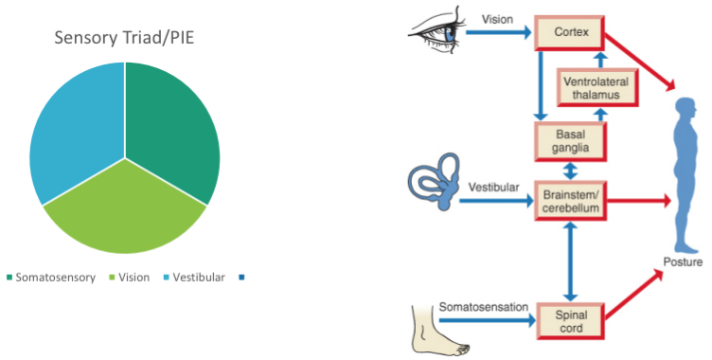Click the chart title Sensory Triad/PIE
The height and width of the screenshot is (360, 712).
click(x=124, y=39)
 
